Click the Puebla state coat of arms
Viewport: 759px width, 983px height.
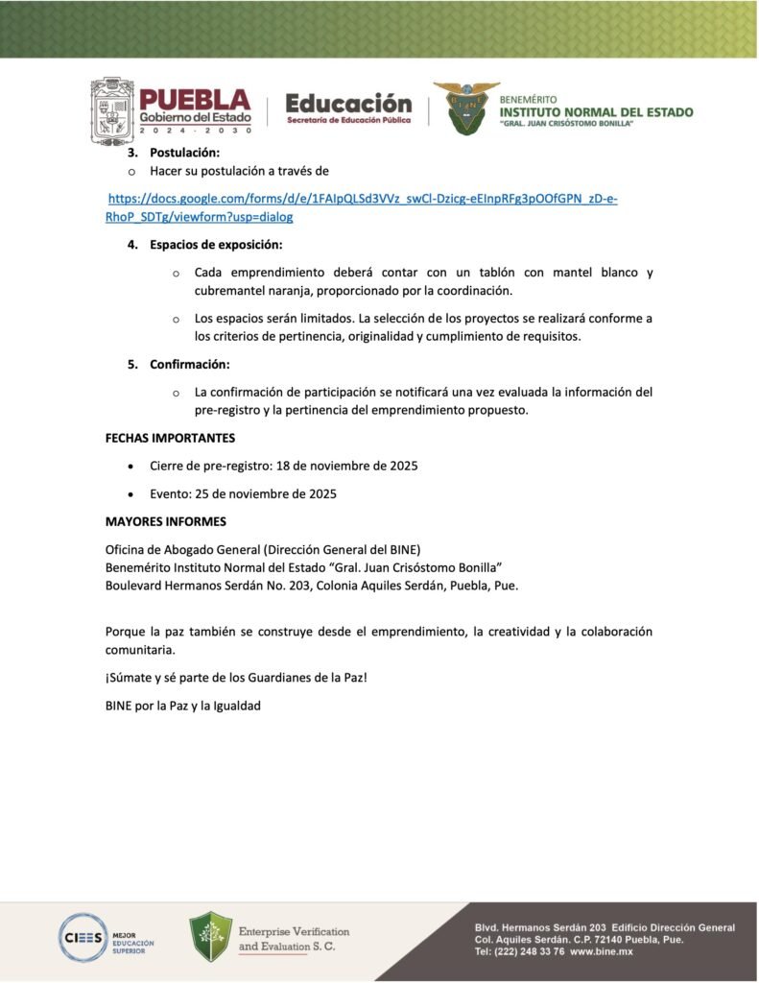click(112, 111)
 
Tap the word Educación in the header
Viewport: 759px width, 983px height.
click(348, 103)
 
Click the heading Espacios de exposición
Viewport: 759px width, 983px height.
click(216, 245)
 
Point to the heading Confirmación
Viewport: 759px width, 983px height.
click(189, 365)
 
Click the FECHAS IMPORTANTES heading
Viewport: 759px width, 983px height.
click(170, 438)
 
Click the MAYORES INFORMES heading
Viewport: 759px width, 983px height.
click(165, 522)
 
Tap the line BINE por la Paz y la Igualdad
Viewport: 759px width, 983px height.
click(182, 706)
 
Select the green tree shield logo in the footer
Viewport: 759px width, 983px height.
click(210, 937)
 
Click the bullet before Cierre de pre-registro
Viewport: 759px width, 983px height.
click(130, 467)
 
